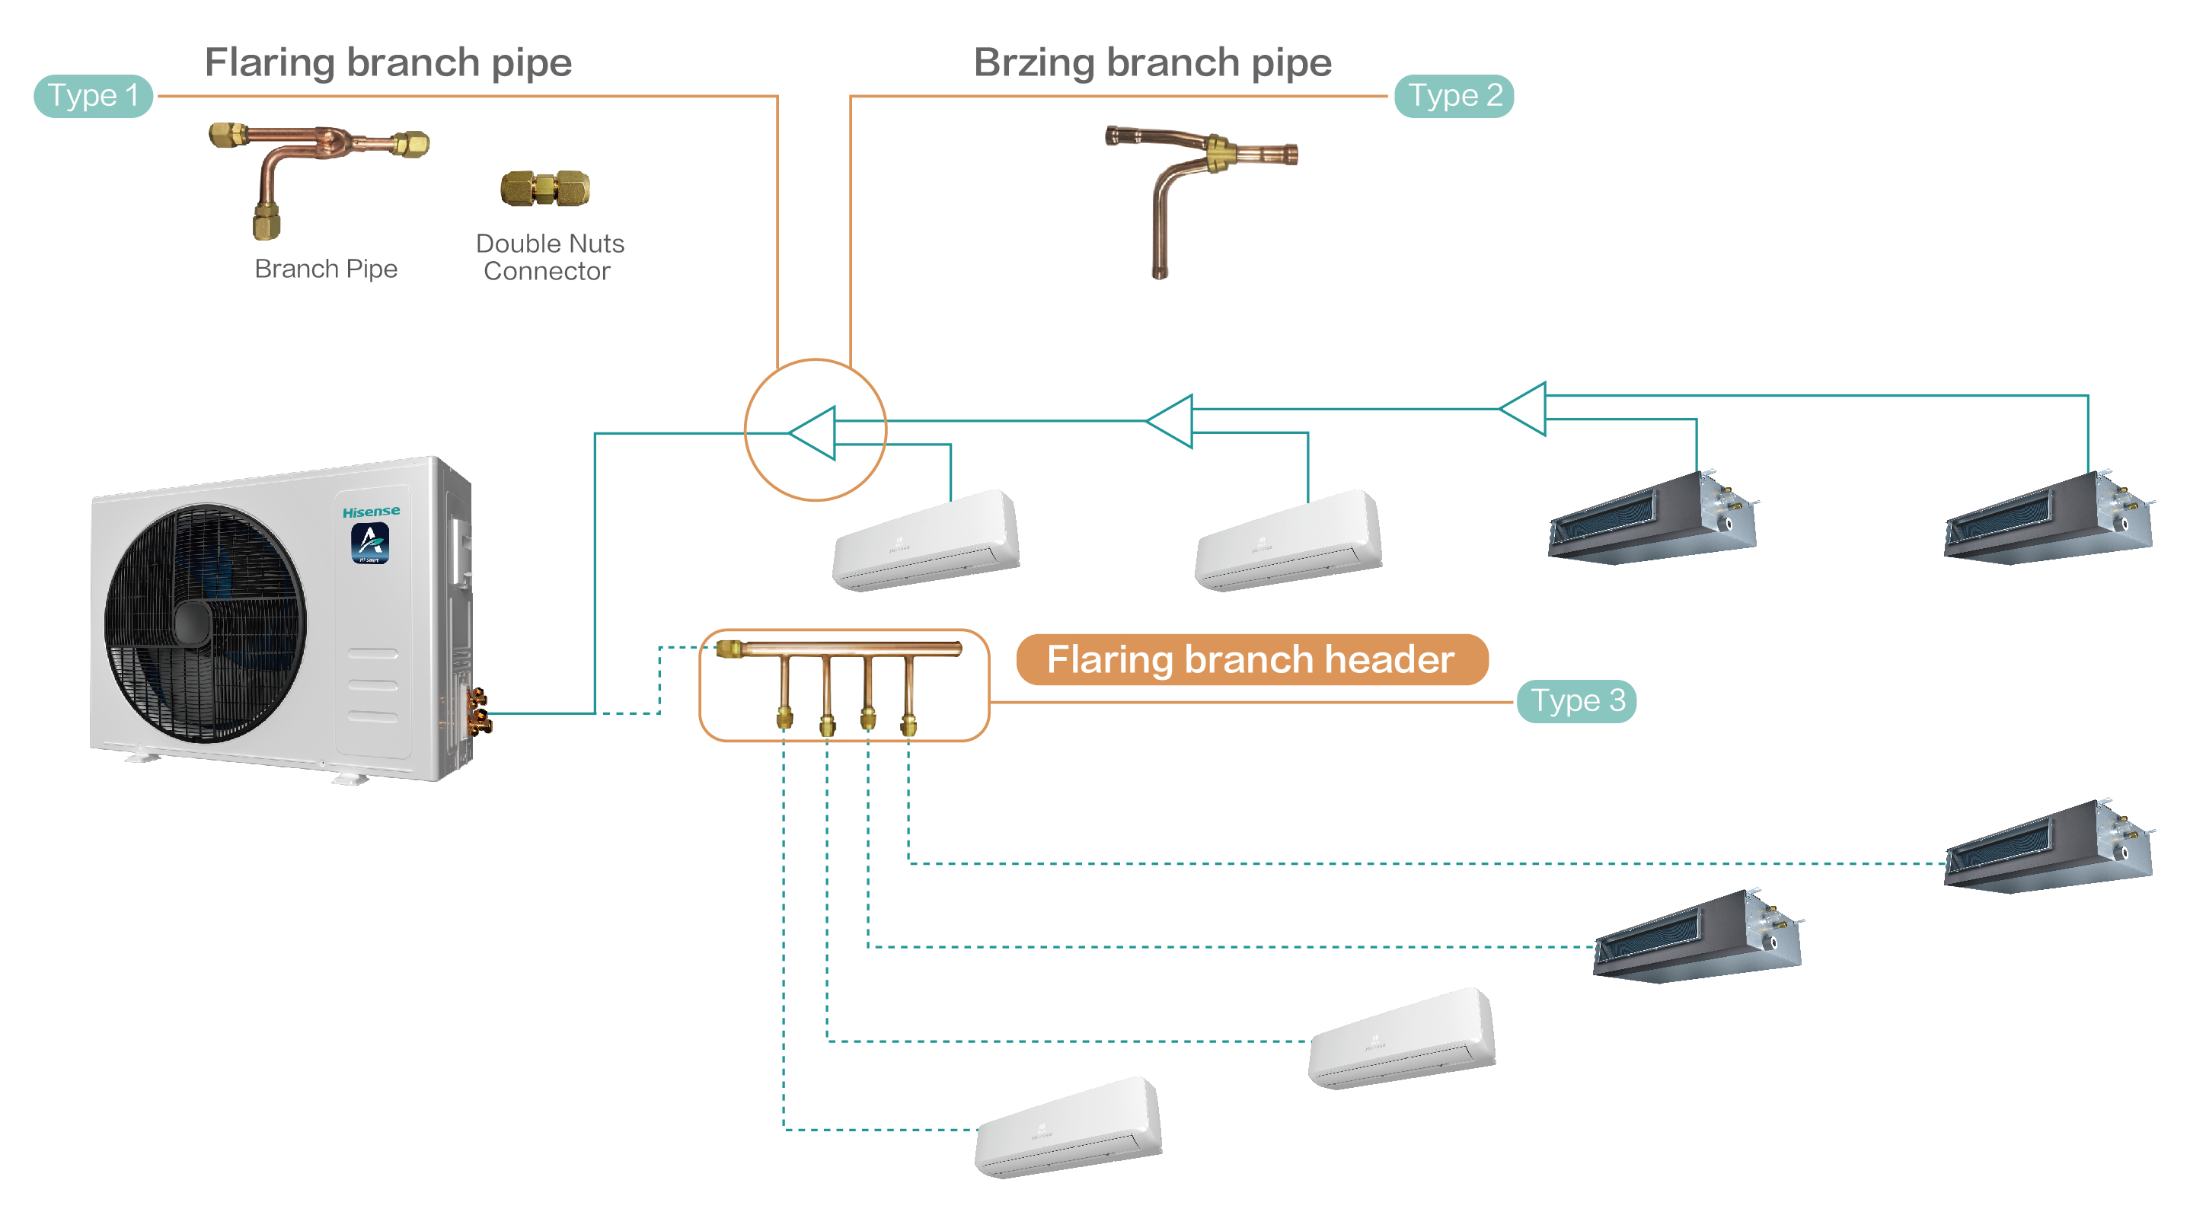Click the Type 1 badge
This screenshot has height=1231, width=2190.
(x=93, y=95)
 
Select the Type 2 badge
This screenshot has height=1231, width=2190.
(x=1454, y=95)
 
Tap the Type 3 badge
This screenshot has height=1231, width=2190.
(x=1576, y=701)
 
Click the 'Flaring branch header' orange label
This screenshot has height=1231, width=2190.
(x=1251, y=660)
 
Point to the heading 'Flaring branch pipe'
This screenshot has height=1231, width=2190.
(x=388, y=62)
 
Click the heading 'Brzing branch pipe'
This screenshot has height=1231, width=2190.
(x=1152, y=62)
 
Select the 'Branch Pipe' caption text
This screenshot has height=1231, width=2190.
(x=326, y=269)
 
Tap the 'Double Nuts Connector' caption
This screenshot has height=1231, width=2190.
(x=549, y=257)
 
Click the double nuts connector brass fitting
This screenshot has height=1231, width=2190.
(x=545, y=189)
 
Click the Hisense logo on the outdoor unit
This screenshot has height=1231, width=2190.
(x=371, y=512)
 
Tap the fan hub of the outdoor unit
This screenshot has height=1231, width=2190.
(x=193, y=623)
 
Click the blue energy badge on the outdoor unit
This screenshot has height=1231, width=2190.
(x=370, y=544)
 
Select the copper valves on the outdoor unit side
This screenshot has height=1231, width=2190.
(x=479, y=713)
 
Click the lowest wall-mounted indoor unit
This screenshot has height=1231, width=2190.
(x=1068, y=1128)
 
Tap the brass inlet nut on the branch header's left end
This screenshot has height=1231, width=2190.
(x=729, y=649)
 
